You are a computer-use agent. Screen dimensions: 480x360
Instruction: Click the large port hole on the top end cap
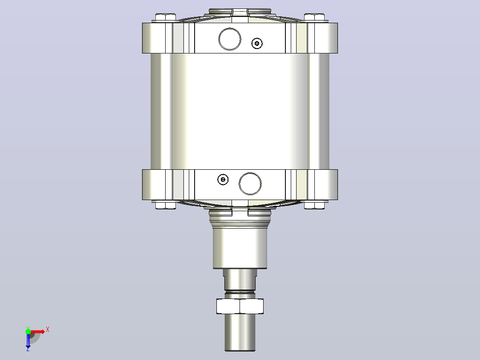pyautogui.click(x=230, y=39)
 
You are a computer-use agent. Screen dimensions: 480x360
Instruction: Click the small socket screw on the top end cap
pyautogui.click(x=257, y=44)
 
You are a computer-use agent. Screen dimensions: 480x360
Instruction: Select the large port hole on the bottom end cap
pyautogui.click(x=250, y=184)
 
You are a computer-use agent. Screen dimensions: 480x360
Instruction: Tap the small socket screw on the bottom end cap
pyautogui.click(x=223, y=179)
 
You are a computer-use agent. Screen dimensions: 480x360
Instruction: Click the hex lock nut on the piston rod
pyautogui.click(x=240, y=306)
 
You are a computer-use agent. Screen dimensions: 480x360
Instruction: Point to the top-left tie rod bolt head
pyautogui.click(x=166, y=17)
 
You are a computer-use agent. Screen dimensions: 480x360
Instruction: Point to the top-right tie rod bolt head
pyautogui.click(x=314, y=17)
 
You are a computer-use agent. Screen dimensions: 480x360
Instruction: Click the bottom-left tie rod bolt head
pyautogui.click(x=166, y=205)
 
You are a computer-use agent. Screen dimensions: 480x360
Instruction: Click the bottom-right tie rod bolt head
pyautogui.click(x=314, y=205)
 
